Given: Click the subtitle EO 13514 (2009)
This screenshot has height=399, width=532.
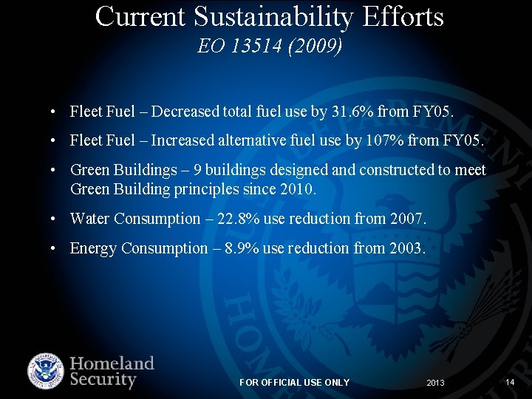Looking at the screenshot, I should coord(270,47).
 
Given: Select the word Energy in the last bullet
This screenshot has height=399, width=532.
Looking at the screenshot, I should coord(93,248).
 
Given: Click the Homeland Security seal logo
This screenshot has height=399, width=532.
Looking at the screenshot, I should coord(46,372).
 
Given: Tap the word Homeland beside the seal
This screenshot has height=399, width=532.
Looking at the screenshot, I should coord(112,364).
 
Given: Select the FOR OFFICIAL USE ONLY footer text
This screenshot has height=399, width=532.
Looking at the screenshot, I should coord(294,382).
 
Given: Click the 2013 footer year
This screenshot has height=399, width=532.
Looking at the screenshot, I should coord(435,383).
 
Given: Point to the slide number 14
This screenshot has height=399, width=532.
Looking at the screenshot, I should coord(510,382).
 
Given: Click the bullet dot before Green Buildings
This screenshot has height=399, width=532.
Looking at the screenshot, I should coord(56,171).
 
